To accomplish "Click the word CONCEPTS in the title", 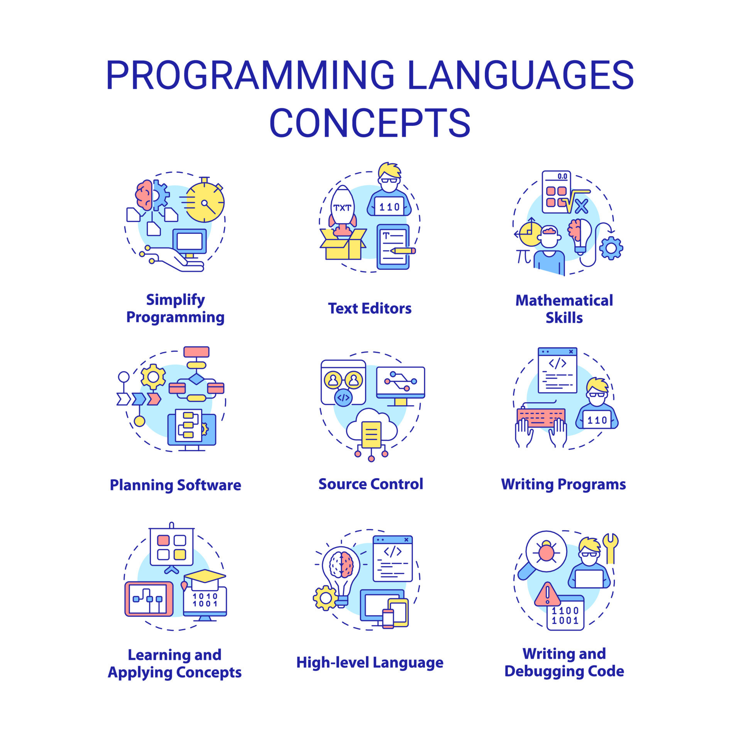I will [x=370, y=122].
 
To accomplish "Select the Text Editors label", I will [x=370, y=308].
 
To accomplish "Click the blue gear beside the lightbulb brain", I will [x=611, y=248].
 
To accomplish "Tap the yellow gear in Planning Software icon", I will [x=153, y=376].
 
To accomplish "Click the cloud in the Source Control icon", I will [x=371, y=426].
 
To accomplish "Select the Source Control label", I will [x=370, y=484].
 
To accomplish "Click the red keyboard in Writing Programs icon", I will [x=541, y=418].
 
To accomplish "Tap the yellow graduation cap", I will [x=205, y=576].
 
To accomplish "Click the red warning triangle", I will [x=547, y=595].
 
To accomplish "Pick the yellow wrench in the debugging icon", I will [x=610, y=547].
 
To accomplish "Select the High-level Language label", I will [x=370, y=662].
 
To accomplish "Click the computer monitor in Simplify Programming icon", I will [x=189, y=242].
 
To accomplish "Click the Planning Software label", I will [x=176, y=485].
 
